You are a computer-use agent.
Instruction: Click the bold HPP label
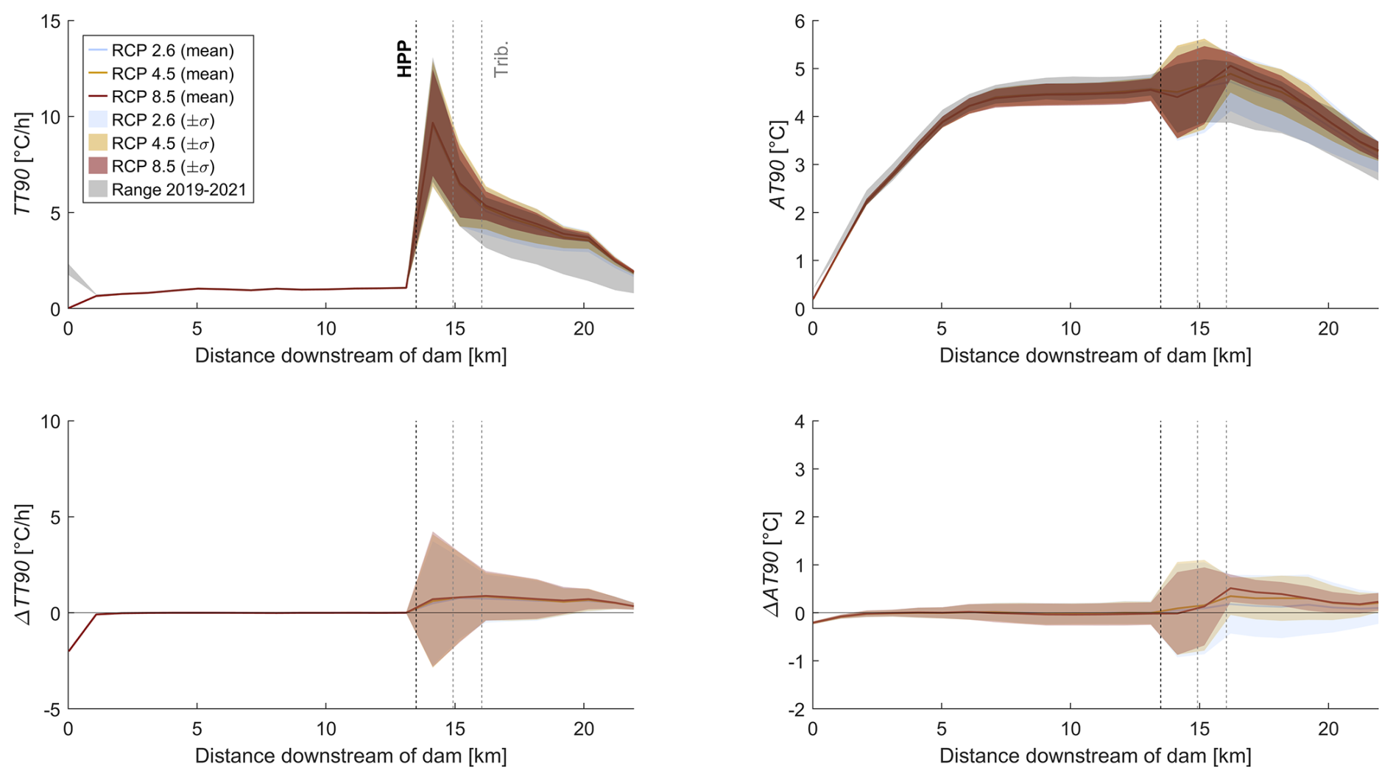coord(404,60)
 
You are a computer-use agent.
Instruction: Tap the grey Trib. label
coord(501,60)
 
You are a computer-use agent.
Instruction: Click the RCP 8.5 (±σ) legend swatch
coord(98,166)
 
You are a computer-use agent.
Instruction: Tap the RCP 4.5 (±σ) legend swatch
coord(98,143)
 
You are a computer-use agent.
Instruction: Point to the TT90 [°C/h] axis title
coord(24,163)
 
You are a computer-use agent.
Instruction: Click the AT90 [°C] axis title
coord(778,165)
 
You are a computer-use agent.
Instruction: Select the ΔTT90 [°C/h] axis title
coord(24,565)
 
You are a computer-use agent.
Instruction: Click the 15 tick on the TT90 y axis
coord(50,21)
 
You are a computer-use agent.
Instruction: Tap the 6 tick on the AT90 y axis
coord(800,21)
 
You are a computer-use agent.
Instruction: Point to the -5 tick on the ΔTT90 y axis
coord(52,710)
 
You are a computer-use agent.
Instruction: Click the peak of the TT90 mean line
coord(433,122)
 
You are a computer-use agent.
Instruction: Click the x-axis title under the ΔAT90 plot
coord(1095,756)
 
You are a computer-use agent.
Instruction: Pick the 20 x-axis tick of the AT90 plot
coord(1328,329)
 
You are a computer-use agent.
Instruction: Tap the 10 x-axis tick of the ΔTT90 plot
coord(326,729)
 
